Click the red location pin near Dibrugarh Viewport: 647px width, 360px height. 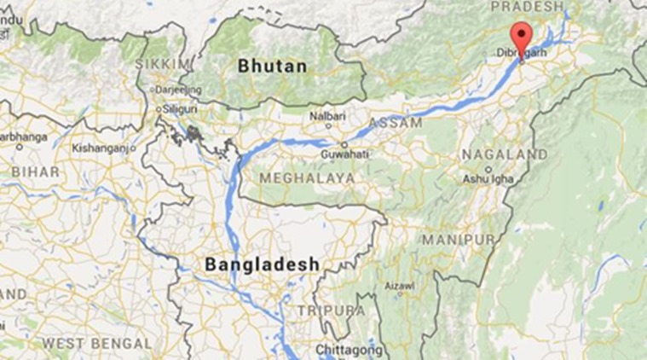(x=521, y=38)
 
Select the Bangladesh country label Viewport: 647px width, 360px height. (x=262, y=264)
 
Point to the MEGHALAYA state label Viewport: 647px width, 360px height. (x=307, y=177)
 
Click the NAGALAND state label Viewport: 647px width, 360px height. (x=504, y=154)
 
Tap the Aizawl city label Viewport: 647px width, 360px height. (x=399, y=286)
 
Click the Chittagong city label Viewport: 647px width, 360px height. (x=345, y=350)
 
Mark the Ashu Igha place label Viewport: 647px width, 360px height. (x=488, y=179)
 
